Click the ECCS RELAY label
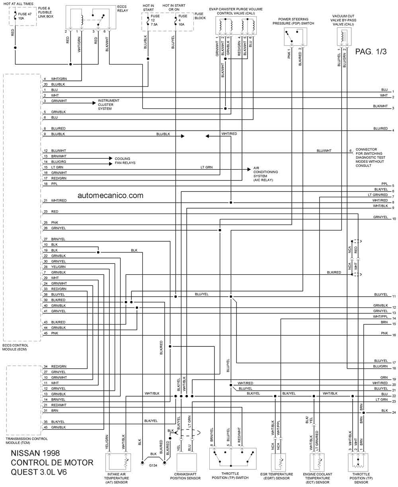(122, 8)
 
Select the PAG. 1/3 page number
(371, 51)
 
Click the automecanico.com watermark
(110, 196)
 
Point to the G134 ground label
(153, 465)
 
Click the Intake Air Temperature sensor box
(118, 463)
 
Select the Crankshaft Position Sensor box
(187, 463)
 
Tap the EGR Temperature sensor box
(278, 463)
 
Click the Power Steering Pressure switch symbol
(295, 37)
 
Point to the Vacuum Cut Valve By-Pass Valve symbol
(344, 37)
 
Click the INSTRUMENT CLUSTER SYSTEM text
(109, 105)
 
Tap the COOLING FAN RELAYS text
(125, 161)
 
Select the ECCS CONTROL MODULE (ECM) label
(15, 347)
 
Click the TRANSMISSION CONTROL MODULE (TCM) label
(27, 440)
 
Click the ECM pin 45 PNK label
(51, 333)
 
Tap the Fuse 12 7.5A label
(155, 20)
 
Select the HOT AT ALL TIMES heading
(18, 4)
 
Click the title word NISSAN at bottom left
(24, 453)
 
